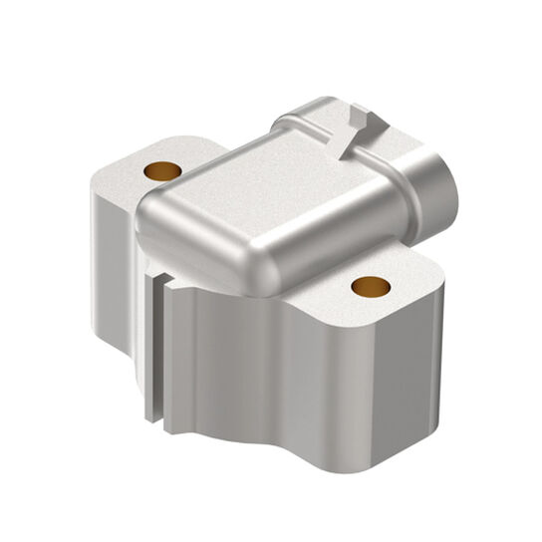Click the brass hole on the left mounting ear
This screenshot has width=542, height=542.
click(161, 170)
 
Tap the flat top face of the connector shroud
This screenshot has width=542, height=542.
click(249, 189)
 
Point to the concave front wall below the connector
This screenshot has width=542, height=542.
click(239, 369)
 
